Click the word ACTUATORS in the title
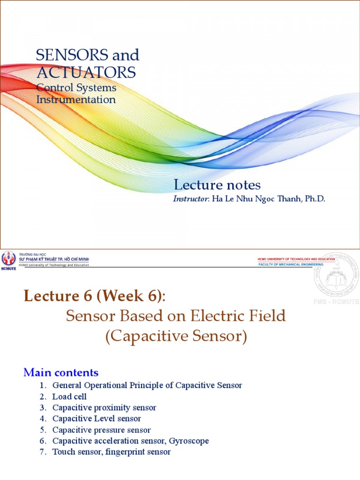(86, 72)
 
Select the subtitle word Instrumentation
(76, 99)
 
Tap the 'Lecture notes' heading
(217, 185)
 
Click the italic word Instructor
(191, 199)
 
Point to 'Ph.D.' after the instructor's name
(315, 199)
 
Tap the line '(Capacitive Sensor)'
(176, 337)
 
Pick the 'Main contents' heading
(61, 373)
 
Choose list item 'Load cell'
(69, 397)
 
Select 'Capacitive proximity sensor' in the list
(104, 407)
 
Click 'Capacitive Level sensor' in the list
(97, 419)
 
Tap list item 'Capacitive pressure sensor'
(101, 430)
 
